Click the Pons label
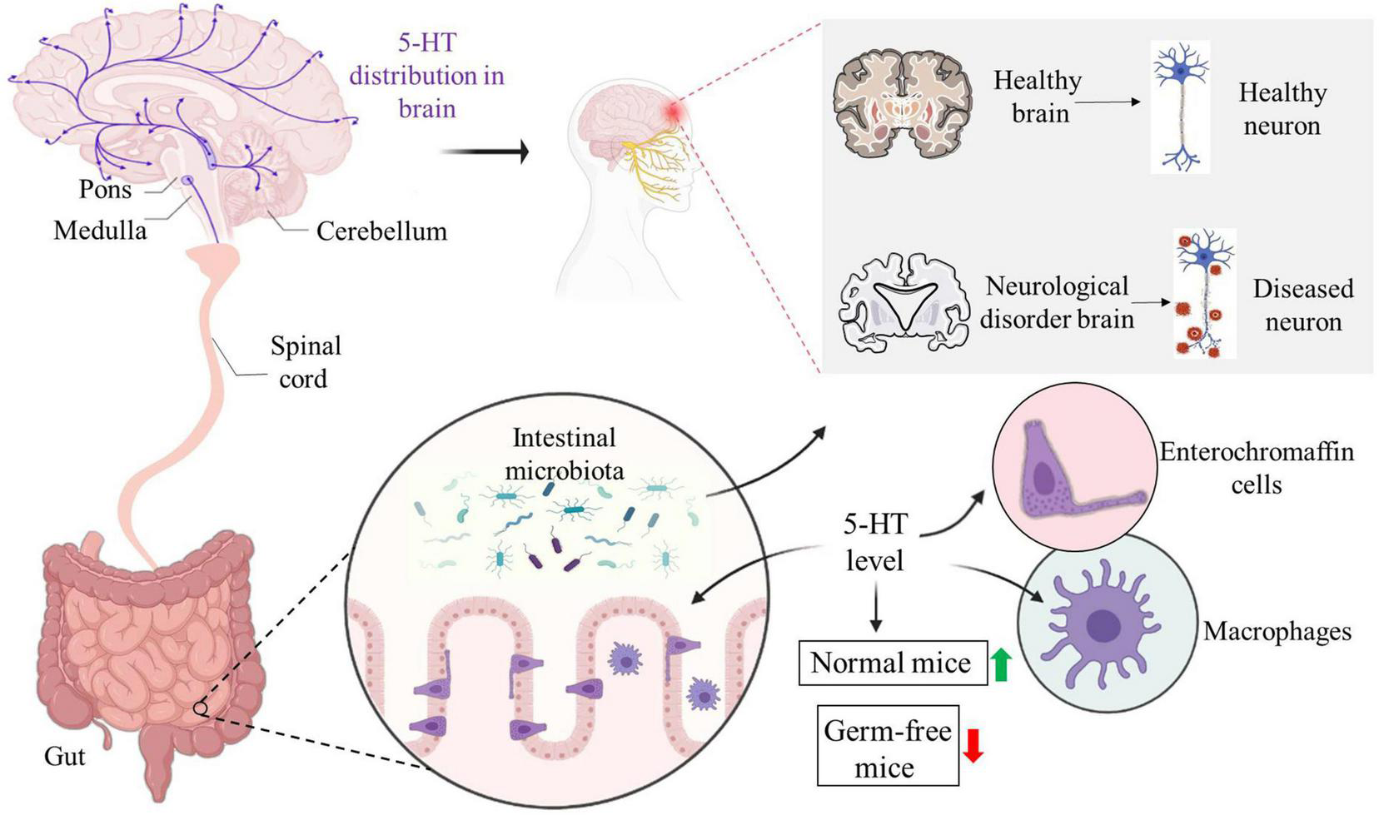(x=105, y=189)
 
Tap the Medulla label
(x=100, y=230)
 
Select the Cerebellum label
(x=381, y=231)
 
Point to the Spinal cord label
(x=305, y=362)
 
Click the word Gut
(x=65, y=756)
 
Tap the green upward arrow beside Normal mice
(x=1002, y=663)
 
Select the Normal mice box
(x=892, y=663)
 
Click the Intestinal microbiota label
(x=564, y=454)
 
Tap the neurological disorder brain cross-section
(x=904, y=301)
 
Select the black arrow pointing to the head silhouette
(x=484, y=152)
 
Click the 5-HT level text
(x=875, y=542)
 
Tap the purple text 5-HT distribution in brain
(x=427, y=75)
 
